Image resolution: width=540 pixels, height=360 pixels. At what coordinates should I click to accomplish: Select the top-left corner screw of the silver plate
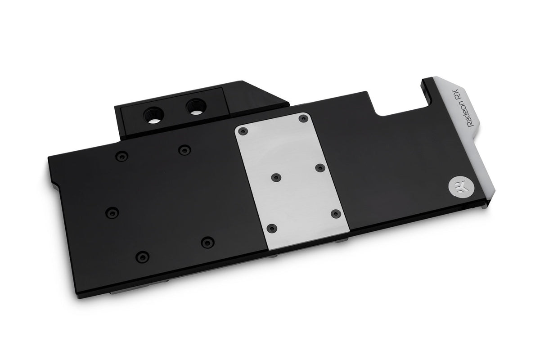tap(243, 131)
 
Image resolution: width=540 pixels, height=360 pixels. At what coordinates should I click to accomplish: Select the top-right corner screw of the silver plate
tap(303, 119)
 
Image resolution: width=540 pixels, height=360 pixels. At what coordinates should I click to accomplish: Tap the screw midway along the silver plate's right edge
tap(320, 168)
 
